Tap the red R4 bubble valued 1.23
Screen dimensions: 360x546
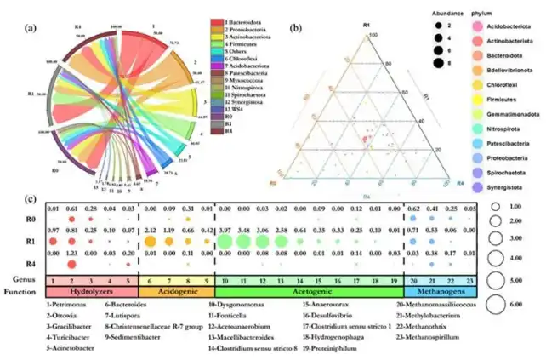[x=73, y=264]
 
